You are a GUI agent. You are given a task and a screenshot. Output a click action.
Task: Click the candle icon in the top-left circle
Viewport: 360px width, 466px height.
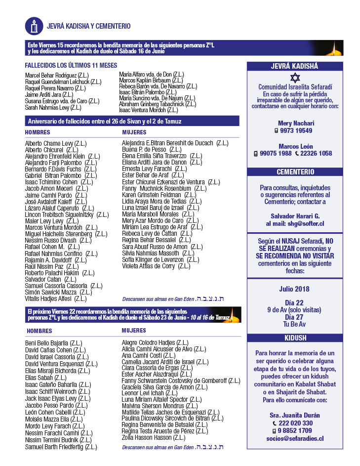34,26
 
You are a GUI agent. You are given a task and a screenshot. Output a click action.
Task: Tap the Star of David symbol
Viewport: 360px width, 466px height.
295,78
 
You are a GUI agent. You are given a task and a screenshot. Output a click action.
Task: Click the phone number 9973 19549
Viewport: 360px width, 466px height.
296,131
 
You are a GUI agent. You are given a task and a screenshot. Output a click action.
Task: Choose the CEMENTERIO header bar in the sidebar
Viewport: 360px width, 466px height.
295,172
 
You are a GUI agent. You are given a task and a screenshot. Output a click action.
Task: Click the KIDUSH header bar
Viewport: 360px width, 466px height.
295,338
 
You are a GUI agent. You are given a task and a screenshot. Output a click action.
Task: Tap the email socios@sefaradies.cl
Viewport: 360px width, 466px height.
294,438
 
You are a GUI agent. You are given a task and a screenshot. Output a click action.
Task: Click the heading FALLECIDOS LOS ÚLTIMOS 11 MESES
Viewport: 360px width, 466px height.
71,65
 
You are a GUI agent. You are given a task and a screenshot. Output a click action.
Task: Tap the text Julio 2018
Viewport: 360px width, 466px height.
295,289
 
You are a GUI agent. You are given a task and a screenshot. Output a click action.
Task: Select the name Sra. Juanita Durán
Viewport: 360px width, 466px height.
295,415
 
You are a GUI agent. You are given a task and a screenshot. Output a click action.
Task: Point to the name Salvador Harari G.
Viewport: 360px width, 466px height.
295,216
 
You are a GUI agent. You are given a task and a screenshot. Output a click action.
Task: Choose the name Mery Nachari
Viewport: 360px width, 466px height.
296,123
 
